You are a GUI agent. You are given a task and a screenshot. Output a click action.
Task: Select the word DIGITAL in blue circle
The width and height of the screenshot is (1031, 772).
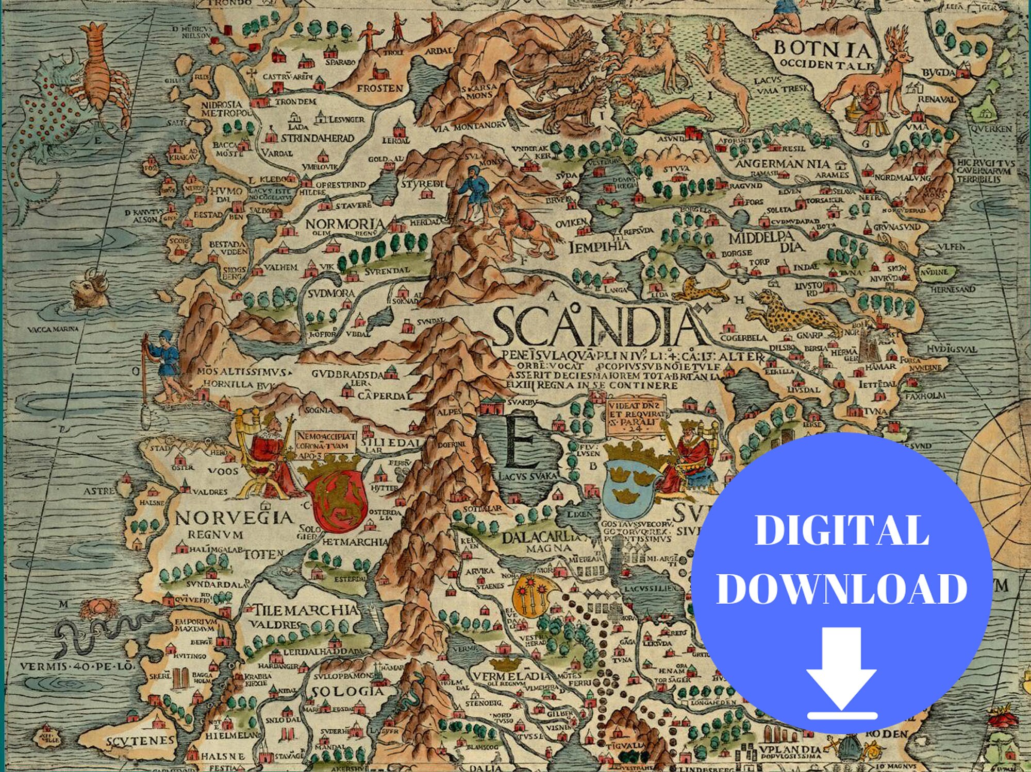[842, 530]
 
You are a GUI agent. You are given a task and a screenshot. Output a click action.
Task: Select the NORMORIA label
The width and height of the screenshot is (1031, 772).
[345, 224]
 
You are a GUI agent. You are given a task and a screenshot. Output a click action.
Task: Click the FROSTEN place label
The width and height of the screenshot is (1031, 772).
[380, 88]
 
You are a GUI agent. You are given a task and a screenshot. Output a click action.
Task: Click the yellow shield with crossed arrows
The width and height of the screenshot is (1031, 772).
[533, 595]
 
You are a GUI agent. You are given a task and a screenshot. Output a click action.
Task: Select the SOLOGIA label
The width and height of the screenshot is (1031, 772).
[348, 691]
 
